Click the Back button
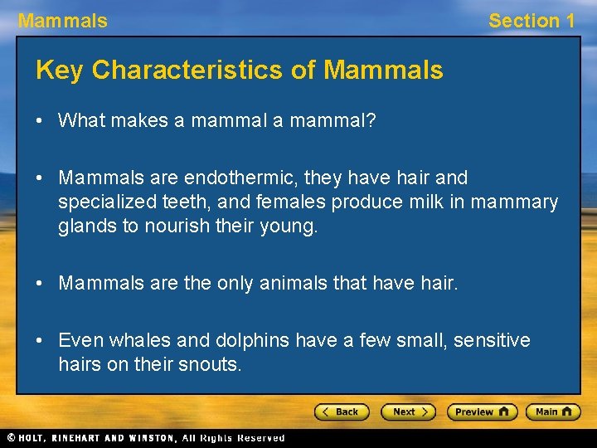click(x=342, y=411)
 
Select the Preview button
click(x=482, y=411)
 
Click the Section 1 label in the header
click(x=531, y=21)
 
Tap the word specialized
click(x=106, y=202)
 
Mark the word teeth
click(x=207, y=202)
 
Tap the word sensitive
click(x=492, y=340)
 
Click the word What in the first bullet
click(x=80, y=121)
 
